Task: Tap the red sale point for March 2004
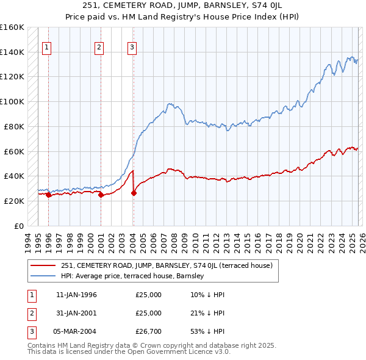coord(134,193)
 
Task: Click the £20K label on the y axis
coord(15,201)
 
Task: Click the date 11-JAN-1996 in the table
coord(76,295)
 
